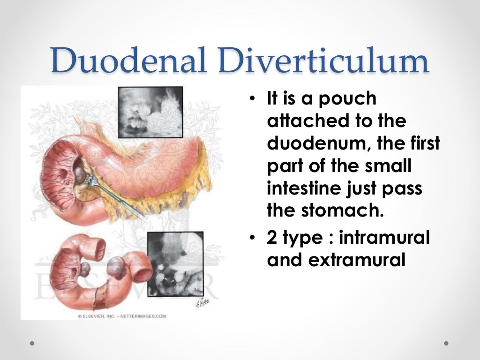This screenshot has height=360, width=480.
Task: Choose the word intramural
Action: tap(383, 238)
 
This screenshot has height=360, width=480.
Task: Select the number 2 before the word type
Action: tap(271, 238)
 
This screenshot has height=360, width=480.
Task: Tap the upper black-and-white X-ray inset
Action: tap(150, 112)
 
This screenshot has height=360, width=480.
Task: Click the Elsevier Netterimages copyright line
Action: tap(121, 316)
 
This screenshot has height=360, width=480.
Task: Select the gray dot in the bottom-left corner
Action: tap(32, 343)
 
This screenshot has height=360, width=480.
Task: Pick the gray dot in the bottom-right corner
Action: tap(446, 343)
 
